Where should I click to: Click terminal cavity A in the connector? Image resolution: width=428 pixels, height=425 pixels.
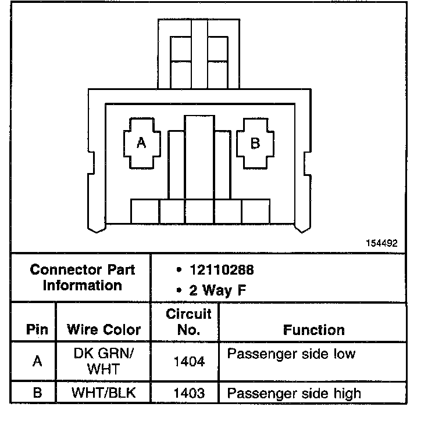[x=141, y=143]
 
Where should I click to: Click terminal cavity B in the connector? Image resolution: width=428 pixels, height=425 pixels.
[x=255, y=143]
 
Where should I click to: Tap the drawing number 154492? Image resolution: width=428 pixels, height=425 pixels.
[x=381, y=244]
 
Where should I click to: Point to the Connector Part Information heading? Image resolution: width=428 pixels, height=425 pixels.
[x=82, y=278]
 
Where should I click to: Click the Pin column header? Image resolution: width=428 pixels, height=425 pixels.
[x=37, y=330]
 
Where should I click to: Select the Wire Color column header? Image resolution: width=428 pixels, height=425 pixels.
[x=104, y=330]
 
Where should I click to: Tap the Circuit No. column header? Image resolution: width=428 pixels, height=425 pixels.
[x=188, y=322]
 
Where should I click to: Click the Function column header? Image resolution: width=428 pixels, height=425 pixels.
[x=314, y=330]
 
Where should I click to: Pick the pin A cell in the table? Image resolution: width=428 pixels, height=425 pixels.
[x=37, y=361]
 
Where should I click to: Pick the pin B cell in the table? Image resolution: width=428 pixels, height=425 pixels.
[x=37, y=393]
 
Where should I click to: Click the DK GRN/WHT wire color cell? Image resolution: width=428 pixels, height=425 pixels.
[x=104, y=361]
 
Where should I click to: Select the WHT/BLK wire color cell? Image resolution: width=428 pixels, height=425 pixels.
[x=104, y=393]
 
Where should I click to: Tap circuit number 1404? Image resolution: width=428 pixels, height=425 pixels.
[x=189, y=362]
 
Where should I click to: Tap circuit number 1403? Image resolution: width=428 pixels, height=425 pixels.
[x=189, y=393]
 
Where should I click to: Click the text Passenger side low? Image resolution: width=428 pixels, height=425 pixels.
[x=291, y=354]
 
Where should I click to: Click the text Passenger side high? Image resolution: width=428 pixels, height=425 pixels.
[x=294, y=393]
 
